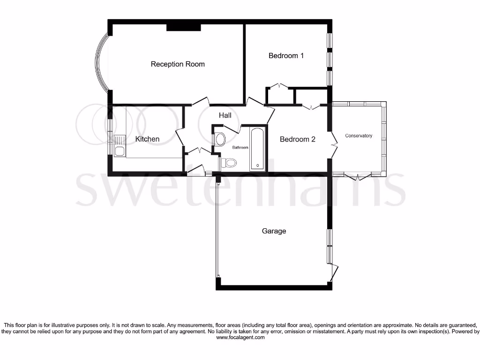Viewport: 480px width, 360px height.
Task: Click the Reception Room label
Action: pos(178,64)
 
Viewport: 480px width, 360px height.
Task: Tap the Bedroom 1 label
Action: pos(286,56)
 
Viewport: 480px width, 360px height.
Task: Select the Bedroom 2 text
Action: pos(297,139)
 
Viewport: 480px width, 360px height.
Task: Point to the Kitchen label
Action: pos(147,139)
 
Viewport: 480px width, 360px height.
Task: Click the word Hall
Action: pos(225,115)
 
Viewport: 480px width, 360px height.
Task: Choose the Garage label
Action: pos(274,231)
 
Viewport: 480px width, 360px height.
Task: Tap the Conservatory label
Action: pos(359,136)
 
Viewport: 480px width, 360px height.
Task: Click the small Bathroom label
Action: pos(240,148)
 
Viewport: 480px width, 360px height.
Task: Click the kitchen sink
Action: pos(119,145)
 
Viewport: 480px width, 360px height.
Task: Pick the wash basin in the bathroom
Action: pos(219,139)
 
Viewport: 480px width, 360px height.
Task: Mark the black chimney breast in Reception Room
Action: pos(184,28)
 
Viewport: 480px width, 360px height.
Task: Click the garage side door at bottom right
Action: pos(334,272)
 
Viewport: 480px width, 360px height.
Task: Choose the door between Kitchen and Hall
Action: pos(180,137)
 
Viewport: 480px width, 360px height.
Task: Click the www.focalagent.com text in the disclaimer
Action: pos(240,337)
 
